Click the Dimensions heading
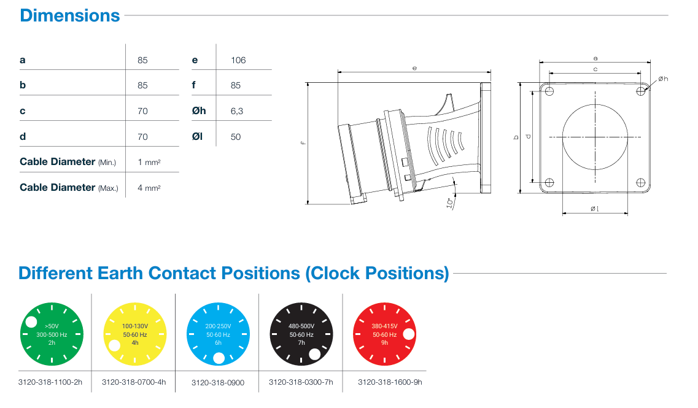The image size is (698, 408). [70, 15]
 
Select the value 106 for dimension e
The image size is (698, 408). [238, 60]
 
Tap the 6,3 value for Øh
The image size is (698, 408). [237, 111]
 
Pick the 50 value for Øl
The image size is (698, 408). [236, 137]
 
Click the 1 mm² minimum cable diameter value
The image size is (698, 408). [149, 163]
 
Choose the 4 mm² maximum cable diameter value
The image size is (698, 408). [149, 188]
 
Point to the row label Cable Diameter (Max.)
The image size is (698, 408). [69, 188]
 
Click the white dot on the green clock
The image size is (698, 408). [31, 321]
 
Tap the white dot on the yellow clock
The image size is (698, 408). [114, 345]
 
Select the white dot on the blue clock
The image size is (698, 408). [219, 358]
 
